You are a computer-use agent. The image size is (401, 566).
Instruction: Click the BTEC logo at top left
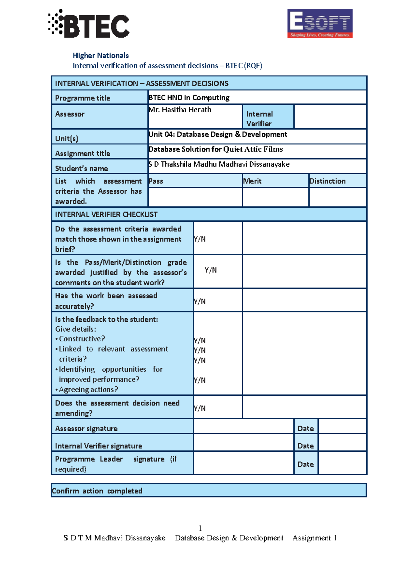point(89,24)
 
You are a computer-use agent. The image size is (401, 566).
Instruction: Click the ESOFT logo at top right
point(320,24)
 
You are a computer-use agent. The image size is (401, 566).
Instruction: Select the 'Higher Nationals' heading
point(101,56)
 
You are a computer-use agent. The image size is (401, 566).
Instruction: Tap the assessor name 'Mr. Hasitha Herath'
point(180,110)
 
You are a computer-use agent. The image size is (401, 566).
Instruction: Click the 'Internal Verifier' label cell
point(260,119)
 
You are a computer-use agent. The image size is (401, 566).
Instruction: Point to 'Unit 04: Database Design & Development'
point(218,134)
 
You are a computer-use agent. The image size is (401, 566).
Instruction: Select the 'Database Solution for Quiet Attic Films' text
point(216,149)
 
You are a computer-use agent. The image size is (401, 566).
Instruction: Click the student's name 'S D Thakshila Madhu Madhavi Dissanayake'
point(219,164)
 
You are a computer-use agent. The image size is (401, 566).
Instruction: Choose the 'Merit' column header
point(252,181)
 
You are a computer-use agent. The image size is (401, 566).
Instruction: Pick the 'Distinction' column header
point(327,181)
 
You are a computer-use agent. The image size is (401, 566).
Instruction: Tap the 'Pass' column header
point(156,181)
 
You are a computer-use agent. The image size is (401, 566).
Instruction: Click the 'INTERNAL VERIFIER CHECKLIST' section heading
point(106,214)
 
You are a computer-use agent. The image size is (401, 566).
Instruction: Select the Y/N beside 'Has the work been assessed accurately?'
point(199,302)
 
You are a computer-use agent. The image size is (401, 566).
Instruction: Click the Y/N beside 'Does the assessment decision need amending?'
point(199,408)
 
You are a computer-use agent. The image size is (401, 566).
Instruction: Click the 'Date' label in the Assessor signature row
point(306,429)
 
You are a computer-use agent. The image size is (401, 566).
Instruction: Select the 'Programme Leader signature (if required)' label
point(116,464)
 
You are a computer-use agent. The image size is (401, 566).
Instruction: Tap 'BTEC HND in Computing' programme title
point(189,98)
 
